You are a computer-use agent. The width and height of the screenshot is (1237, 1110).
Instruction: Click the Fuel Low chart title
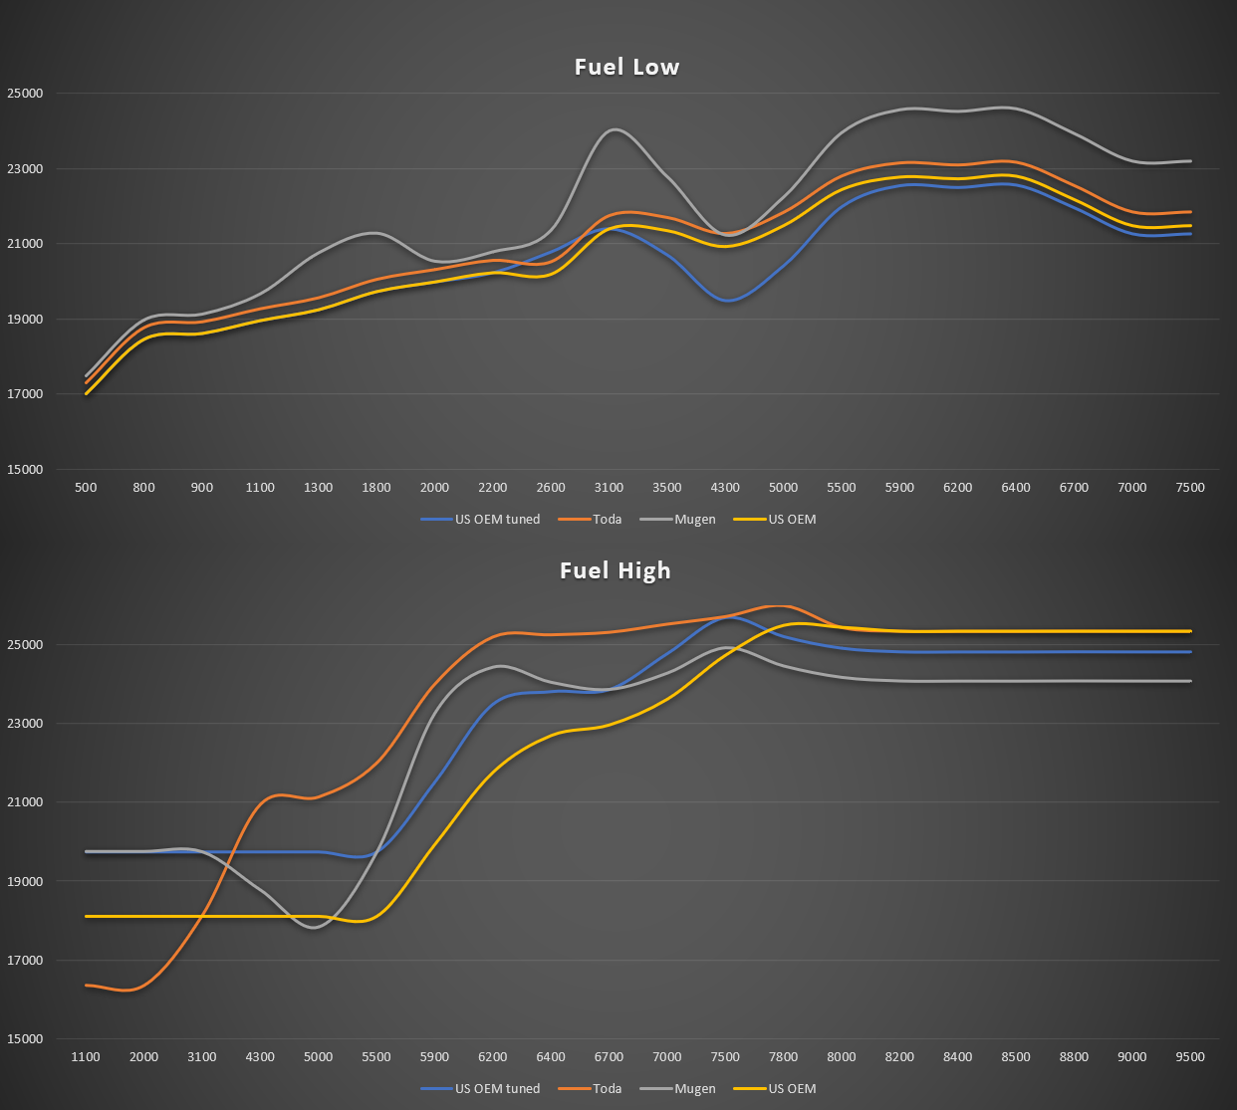626,67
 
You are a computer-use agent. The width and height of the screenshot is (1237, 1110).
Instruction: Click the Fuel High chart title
616,570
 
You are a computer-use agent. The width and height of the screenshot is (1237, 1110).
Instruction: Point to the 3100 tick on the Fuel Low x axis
609,488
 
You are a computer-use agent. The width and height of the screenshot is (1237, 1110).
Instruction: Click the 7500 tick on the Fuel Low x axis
1190,488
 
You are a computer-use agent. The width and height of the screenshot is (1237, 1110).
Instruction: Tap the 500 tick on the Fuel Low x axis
86,488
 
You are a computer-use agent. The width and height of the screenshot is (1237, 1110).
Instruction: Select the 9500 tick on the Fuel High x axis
1190,1057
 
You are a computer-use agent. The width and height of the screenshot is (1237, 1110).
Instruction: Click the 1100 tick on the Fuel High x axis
86,1057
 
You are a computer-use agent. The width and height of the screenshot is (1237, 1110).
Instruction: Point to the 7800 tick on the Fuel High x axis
783,1057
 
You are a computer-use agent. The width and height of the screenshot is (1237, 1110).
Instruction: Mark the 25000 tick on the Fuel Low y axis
26,94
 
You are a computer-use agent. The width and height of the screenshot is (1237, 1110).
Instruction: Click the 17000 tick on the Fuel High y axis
26,961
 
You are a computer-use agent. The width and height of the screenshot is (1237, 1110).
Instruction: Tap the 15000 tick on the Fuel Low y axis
26,470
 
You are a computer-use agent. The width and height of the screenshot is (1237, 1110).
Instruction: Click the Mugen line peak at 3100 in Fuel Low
613,129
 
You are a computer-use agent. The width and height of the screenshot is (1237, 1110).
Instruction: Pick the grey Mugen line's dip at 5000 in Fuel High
316,928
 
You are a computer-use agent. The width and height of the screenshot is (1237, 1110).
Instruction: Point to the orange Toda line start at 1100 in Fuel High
87,985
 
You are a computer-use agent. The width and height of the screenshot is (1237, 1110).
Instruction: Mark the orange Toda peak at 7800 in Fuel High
780,605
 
